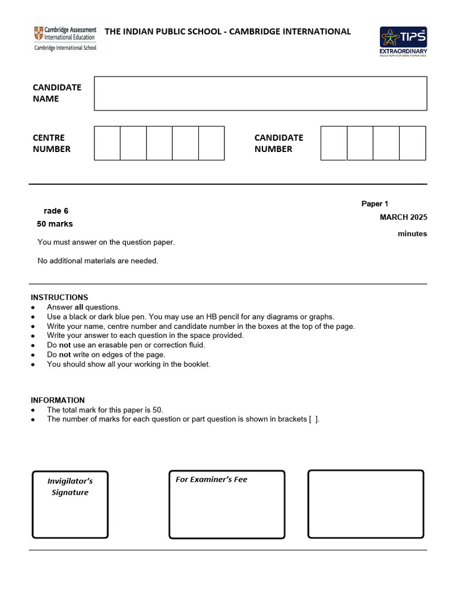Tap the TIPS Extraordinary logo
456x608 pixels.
point(403,42)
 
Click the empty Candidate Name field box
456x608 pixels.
point(260,93)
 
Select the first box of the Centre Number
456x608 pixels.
point(107,143)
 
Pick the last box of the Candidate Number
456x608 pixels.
point(412,143)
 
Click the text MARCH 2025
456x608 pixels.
point(403,217)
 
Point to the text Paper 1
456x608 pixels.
point(375,204)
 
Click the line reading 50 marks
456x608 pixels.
point(55,224)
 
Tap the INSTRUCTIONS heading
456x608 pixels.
point(59,297)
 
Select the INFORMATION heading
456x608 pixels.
point(58,400)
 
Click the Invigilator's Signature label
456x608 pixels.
point(70,486)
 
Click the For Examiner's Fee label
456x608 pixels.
point(211,480)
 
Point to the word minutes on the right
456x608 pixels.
point(412,234)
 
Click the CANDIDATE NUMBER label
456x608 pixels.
point(278,143)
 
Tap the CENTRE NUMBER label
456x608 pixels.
point(52,143)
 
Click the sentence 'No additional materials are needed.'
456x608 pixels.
point(98,261)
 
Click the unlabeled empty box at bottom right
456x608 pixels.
point(366,504)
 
